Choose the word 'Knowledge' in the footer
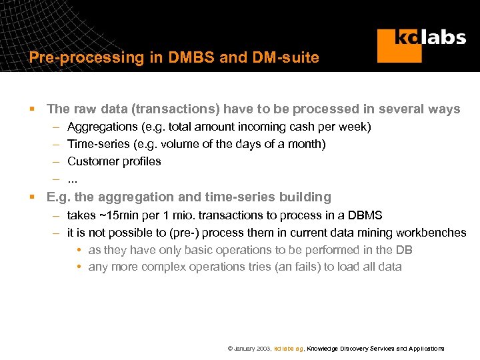pyautogui.click(x=322, y=349)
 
